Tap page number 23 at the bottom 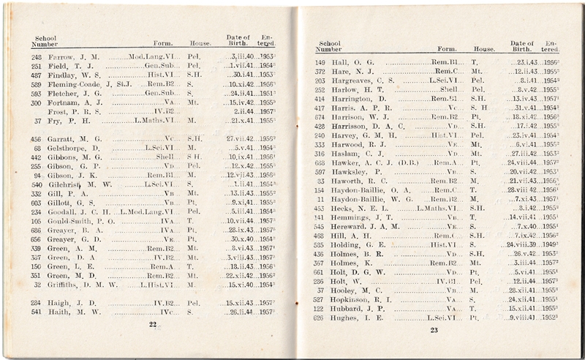tap(433, 330)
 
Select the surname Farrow tap(61, 56)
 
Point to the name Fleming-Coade tap(76, 84)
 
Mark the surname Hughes tap(345, 317)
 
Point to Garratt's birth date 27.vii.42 tap(239, 138)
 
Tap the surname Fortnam tap(64, 103)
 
